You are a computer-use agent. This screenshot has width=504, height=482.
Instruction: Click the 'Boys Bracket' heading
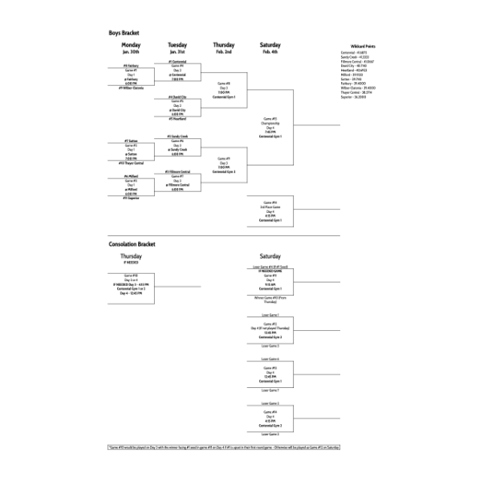pyautogui.click(x=124, y=33)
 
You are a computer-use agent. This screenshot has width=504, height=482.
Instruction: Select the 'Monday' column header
pyautogui.click(x=131, y=45)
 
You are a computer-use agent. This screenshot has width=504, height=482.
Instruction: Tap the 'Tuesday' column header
pyautogui.click(x=177, y=45)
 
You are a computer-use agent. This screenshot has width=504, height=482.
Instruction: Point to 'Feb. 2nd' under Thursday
pyautogui.click(x=224, y=51)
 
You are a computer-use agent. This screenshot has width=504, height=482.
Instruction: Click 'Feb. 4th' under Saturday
pyautogui.click(x=270, y=51)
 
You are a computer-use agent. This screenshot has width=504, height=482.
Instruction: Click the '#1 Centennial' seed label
pyautogui.click(x=177, y=61)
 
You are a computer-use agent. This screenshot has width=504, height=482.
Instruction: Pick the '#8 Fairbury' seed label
pyautogui.click(x=131, y=66)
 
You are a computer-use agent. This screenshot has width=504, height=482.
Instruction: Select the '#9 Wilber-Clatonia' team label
pyautogui.click(x=131, y=88)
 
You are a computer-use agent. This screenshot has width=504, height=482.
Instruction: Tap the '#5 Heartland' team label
pyautogui.click(x=177, y=119)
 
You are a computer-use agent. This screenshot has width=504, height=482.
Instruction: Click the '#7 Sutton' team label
pyautogui.click(x=131, y=140)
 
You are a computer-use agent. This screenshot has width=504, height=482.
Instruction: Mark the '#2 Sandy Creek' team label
pyautogui.click(x=177, y=137)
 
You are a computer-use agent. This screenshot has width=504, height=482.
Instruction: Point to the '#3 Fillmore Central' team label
pyautogui.click(x=177, y=172)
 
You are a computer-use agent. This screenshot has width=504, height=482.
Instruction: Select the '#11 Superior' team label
pyautogui.click(x=131, y=198)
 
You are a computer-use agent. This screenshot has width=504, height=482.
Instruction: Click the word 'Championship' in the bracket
pyautogui.click(x=270, y=123)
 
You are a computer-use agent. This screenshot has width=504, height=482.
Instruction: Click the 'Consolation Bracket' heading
pyautogui.click(x=132, y=243)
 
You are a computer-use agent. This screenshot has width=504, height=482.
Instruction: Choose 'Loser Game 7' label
pyautogui.click(x=270, y=390)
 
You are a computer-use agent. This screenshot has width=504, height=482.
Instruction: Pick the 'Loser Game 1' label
pyautogui.click(x=270, y=315)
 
